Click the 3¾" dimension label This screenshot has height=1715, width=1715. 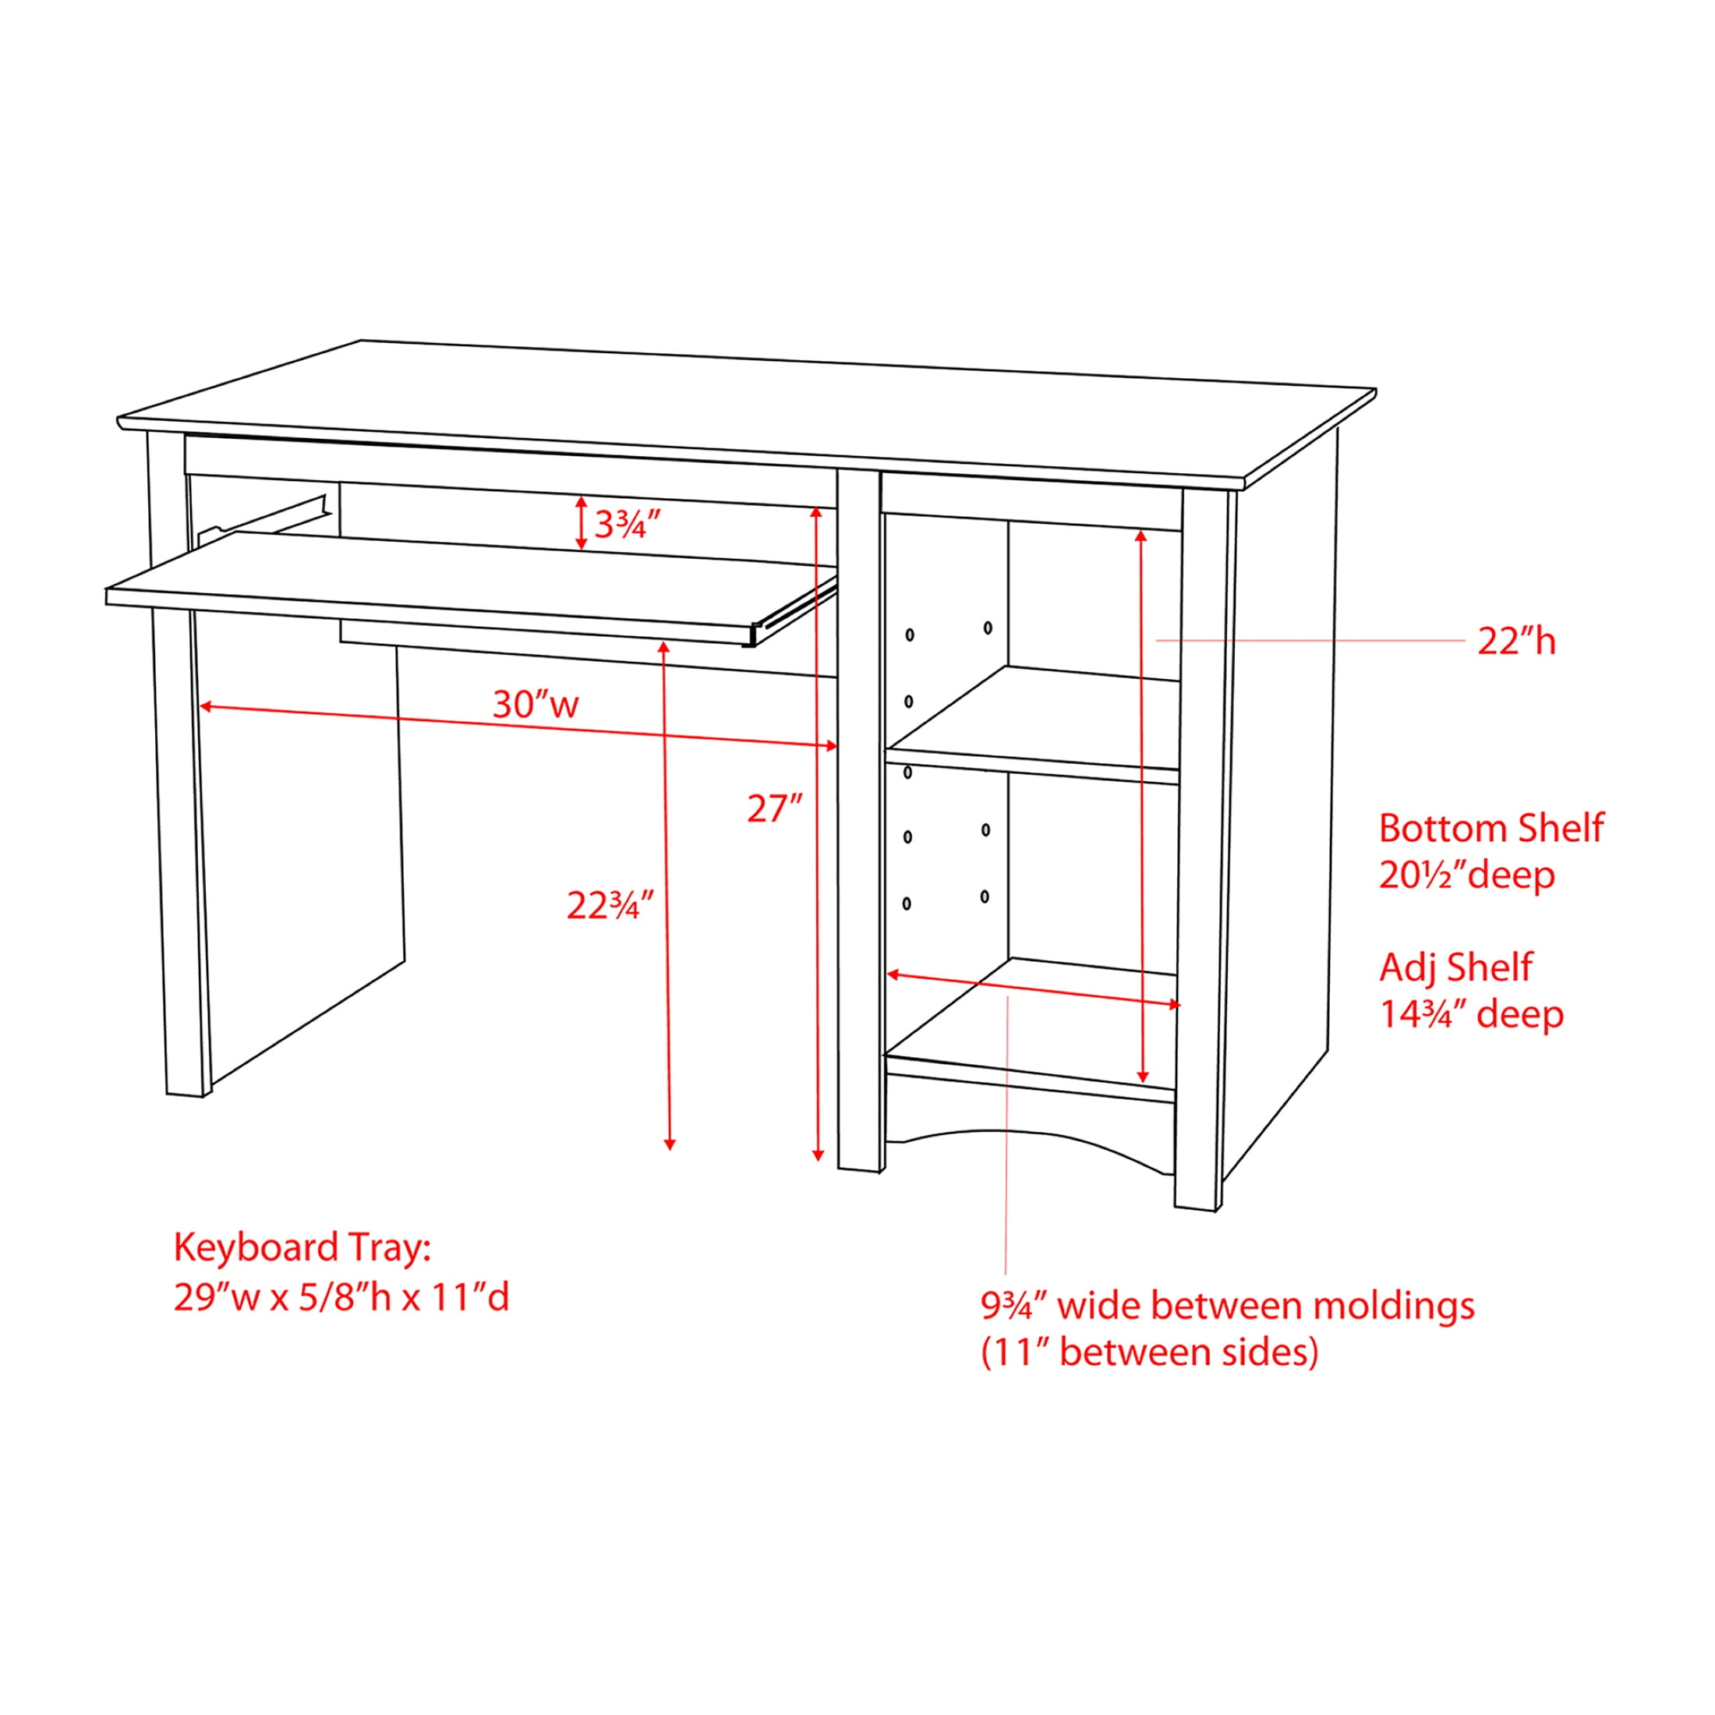coord(628,525)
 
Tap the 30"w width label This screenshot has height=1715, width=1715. coord(536,705)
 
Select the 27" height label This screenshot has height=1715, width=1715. coord(775,808)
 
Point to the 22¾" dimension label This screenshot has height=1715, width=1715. coord(610,904)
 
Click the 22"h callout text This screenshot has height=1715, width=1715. coord(1516,641)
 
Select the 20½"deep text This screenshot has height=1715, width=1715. coord(1466,875)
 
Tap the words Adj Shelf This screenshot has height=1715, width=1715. coord(1455,967)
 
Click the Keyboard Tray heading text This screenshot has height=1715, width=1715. coord(302,1248)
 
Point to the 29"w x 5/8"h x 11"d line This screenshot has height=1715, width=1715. coord(341,1298)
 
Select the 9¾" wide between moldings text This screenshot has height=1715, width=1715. coord(1228,1306)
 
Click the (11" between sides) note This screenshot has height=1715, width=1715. coord(1150,1352)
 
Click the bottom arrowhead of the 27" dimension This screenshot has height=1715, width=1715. coord(819,1155)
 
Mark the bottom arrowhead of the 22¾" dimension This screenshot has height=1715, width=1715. coord(670,1144)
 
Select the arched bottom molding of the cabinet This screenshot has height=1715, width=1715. coord(1030,1133)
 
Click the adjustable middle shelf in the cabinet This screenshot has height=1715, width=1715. coord(1034,723)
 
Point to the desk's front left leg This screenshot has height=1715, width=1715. coord(179,763)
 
